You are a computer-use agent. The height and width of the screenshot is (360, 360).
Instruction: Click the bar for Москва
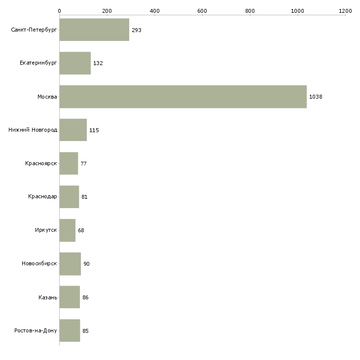pos(182,97)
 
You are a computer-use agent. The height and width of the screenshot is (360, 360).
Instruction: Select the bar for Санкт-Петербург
pos(94,30)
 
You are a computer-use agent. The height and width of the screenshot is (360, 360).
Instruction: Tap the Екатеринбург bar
pos(75,63)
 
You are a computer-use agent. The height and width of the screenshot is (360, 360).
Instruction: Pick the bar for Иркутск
pos(67,230)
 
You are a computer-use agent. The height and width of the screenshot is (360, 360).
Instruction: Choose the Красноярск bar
pos(69,163)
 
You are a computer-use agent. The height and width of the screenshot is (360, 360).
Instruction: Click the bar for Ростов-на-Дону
pos(70,330)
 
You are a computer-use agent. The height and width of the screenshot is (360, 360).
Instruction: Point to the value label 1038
pos(316,97)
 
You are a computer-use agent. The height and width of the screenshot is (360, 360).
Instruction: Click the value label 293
pos(137,30)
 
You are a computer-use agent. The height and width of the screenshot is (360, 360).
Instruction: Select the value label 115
pos(94,130)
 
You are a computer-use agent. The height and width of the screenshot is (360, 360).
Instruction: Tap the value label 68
pos(81,230)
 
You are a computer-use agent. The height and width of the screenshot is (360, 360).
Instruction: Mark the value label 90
pos(86,264)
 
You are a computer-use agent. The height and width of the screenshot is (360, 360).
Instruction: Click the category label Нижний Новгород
pos(33,130)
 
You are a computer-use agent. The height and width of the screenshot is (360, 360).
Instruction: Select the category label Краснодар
pos(42,197)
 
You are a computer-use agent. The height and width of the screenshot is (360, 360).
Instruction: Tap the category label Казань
pos(47,297)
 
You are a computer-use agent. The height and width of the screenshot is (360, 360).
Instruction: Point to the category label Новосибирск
pos(39,264)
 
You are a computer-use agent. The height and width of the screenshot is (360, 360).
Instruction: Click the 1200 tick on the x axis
pos(345,10)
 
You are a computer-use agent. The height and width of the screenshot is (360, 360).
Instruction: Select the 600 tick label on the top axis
pos(202,10)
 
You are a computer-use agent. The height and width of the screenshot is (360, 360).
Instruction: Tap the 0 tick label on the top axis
pos(59,10)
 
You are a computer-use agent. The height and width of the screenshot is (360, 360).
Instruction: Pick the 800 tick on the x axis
pos(250,10)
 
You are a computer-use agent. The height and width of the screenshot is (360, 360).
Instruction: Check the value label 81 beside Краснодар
pos(84,197)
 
